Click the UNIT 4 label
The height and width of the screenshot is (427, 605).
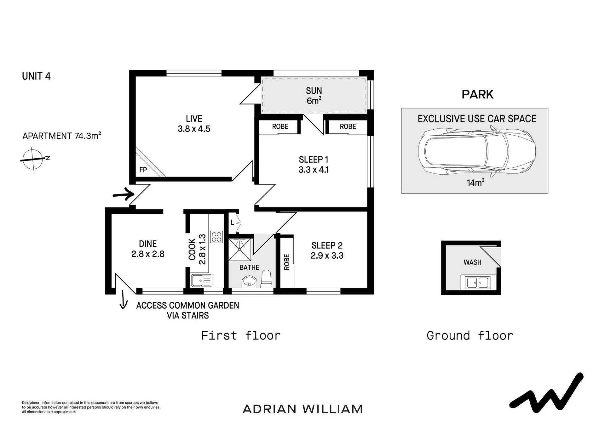point(36,76)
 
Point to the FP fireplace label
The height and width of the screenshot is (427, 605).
point(143,170)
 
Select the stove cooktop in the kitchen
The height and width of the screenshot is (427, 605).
point(217,237)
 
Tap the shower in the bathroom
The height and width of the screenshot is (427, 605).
point(240,250)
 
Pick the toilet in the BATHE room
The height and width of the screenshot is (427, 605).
point(266,279)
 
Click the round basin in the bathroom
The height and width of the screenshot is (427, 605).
point(249,282)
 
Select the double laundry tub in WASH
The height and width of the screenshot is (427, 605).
point(478,282)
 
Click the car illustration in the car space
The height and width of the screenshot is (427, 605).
point(477,151)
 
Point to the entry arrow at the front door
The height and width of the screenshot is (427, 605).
point(124,194)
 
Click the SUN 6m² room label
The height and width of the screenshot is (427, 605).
point(314,96)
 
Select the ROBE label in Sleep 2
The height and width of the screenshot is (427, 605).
point(287,262)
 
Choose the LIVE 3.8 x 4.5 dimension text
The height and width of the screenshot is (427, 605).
point(194,124)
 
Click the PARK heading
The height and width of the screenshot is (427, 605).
point(477,94)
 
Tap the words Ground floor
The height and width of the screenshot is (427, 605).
point(470,335)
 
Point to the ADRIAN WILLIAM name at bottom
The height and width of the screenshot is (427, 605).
point(303,409)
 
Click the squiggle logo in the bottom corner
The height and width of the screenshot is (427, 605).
point(546,393)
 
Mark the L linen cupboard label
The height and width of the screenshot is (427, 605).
point(233,223)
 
